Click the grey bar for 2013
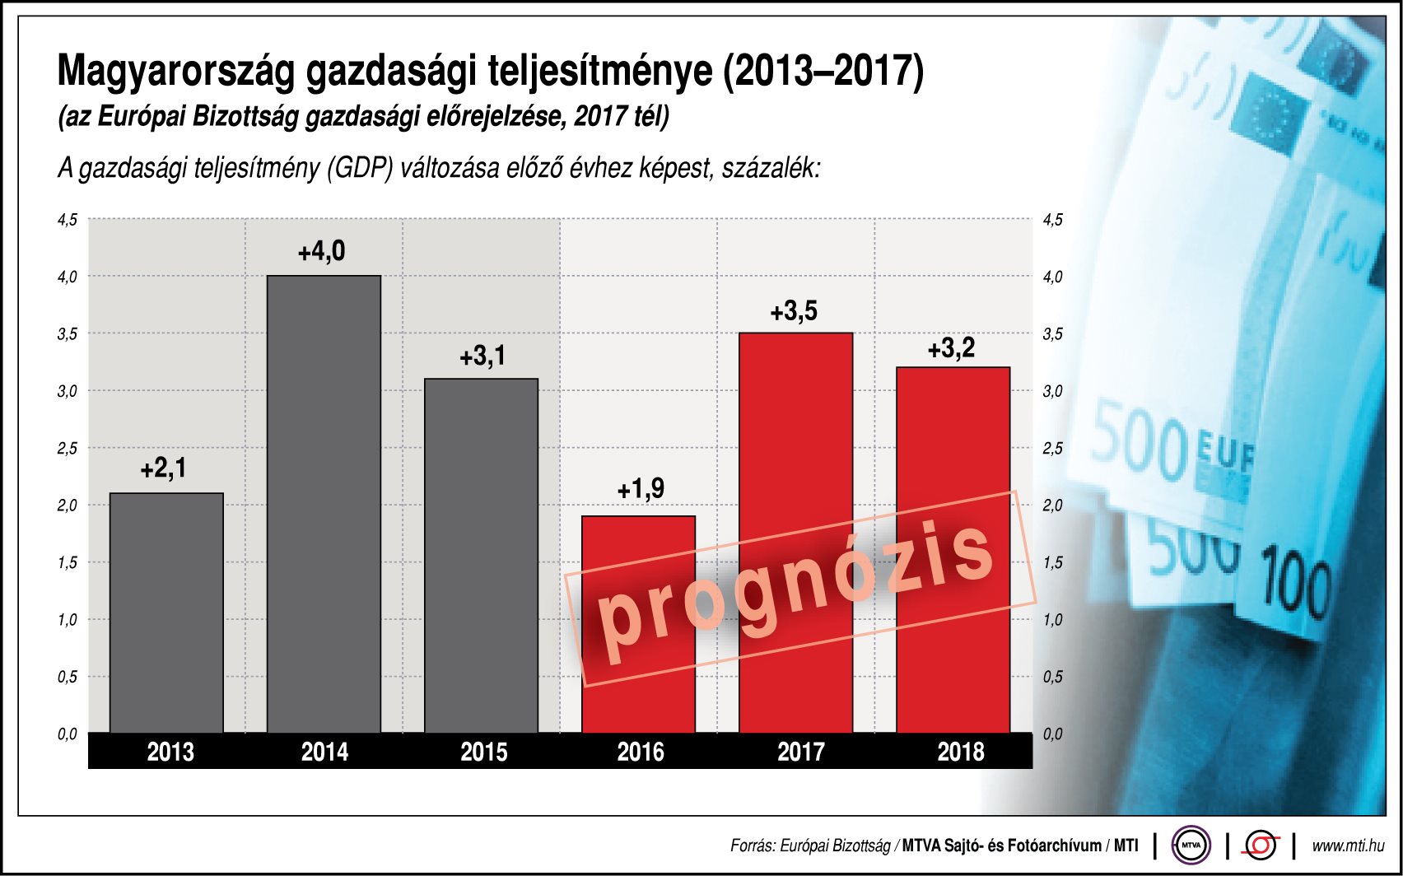click(x=166, y=613)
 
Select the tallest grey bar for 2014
click(x=324, y=504)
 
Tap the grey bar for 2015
click(x=481, y=556)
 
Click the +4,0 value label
click(x=322, y=251)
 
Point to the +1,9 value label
click(x=641, y=489)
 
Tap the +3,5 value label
click(x=794, y=311)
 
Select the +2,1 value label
click(x=164, y=468)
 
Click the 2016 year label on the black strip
click(x=641, y=752)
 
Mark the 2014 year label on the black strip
click(x=324, y=752)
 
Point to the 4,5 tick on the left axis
click(x=68, y=220)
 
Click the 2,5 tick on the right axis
click(x=1052, y=449)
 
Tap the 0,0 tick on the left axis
click(x=68, y=734)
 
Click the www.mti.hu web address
click(x=1348, y=846)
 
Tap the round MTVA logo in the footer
click(x=1191, y=845)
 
